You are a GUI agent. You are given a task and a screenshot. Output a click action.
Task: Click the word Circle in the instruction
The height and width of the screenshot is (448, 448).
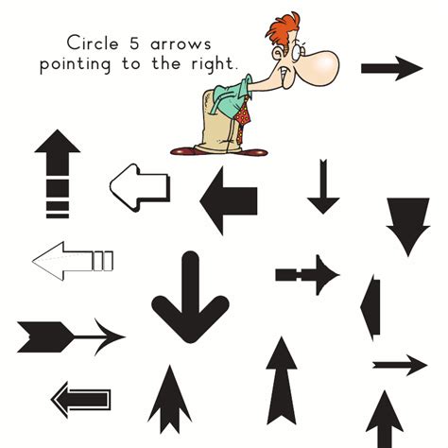(93, 43)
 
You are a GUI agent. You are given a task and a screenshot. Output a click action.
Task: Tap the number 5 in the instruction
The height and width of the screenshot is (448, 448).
(134, 43)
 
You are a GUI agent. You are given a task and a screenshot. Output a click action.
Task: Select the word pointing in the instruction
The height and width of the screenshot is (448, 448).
(76, 64)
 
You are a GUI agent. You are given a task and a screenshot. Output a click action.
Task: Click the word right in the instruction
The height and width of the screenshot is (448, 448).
(214, 63)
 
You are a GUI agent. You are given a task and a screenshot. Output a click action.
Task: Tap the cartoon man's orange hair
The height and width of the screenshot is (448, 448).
(283, 30)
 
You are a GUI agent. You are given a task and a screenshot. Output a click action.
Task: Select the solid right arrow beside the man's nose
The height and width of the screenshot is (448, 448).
(391, 69)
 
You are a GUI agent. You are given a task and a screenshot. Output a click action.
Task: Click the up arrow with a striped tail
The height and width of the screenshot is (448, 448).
(58, 174)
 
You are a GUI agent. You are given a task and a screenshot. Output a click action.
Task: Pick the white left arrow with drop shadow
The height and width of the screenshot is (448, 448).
(140, 187)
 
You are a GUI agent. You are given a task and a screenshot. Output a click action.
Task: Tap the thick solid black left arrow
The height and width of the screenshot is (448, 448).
(229, 201)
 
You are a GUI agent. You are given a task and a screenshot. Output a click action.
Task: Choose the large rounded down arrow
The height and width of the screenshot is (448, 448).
(190, 297)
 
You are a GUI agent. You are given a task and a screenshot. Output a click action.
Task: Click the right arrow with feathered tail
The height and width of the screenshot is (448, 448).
(71, 337)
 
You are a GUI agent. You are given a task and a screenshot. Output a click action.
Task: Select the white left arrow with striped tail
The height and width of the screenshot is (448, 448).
(73, 261)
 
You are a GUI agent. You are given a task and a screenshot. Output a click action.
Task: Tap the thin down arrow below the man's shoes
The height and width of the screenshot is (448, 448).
(323, 186)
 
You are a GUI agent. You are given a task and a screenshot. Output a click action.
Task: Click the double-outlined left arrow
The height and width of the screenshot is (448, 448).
(81, 400)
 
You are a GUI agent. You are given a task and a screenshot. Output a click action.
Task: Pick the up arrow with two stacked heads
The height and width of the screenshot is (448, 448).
(169, 400)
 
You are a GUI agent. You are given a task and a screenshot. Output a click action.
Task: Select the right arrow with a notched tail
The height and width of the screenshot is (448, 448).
(307, 275)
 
